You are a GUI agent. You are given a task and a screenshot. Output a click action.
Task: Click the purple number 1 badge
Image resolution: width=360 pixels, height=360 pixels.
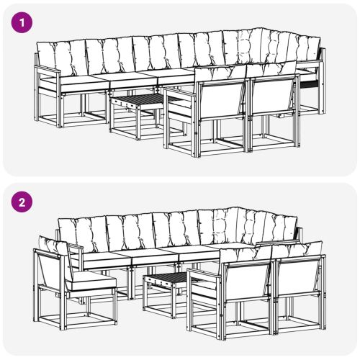pyautogui.click(x=24, y=22)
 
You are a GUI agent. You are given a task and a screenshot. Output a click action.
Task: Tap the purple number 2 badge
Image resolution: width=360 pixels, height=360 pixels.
pyautogui.click(x=24, y=203)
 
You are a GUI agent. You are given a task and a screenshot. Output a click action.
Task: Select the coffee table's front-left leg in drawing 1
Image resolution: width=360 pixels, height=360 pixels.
pyautogui.click(x=113, y=120)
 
